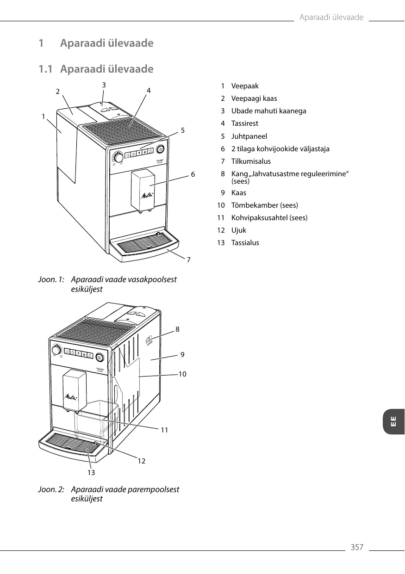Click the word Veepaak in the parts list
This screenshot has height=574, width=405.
(245, 86)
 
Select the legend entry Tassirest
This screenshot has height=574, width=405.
(245, 123)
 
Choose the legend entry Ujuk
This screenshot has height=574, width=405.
(239, 230)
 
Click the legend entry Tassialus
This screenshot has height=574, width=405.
(245, 243)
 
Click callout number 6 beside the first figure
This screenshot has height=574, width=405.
(193, 174)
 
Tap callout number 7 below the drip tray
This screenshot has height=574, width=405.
(188, 260)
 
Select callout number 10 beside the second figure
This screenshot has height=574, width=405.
(182, 374)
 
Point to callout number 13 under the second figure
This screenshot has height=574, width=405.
(91, 473)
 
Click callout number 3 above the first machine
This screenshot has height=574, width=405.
(104, 85)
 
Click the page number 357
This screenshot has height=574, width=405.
(357, 548)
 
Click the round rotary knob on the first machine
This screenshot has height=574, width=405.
(118, 158)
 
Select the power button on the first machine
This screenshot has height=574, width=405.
(161, 149)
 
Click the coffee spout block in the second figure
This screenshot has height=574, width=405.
(75, 390)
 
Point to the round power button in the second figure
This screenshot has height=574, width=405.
(99, 357)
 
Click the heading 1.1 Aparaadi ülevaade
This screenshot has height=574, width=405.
(96, 69)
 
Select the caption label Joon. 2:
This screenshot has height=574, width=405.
(51, 489)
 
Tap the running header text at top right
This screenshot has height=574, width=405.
(331, 18)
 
